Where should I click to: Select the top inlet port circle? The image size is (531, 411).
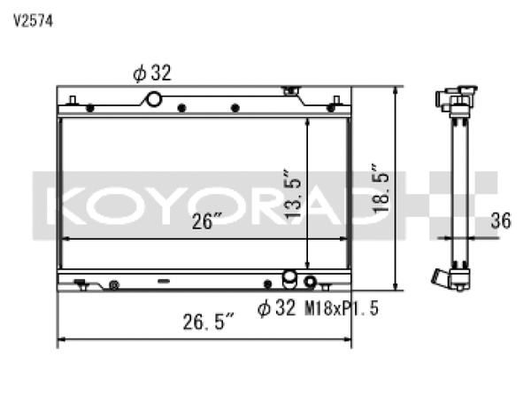154,98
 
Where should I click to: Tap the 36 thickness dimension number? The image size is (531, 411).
500,221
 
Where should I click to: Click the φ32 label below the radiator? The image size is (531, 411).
274,307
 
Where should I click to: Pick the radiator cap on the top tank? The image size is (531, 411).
289,90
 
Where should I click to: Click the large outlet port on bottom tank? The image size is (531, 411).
289,280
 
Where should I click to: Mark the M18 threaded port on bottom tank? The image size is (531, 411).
310,283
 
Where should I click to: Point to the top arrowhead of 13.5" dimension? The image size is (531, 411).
307,122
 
